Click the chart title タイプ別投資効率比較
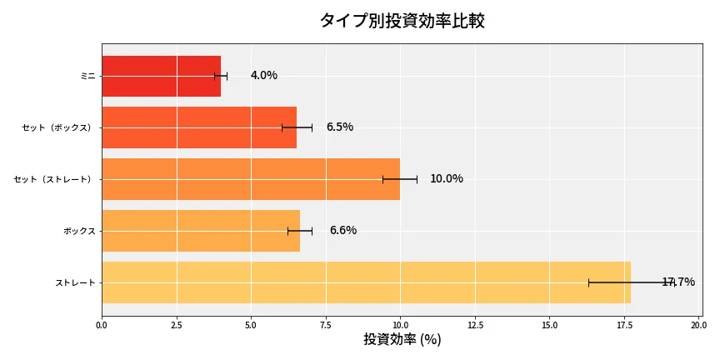[402, 21]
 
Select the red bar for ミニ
[161, 76]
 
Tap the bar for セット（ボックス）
[198, 127]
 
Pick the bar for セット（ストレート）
[250, 179]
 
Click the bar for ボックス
[200, 231]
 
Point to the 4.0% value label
[263, 76]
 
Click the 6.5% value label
[339, 127]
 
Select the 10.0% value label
[446, 179]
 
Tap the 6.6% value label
[342, 231]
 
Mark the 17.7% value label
[677, 282]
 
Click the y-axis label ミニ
[87, 76]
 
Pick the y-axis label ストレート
[75, 283]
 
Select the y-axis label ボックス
[79, 231]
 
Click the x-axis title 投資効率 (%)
[402, 340]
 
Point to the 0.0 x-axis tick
[102, 324]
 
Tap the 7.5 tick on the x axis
[326, 324]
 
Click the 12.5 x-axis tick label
[475, 324]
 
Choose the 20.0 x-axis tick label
[698, 324]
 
